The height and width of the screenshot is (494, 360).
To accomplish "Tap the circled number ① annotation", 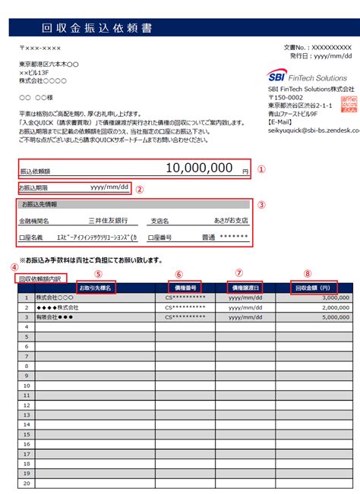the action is pyautogui.click(x=261, y=170).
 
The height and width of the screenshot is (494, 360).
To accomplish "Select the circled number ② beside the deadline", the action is pyautogui.click(x=140, y=190).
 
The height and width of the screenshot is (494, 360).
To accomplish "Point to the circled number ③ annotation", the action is pyautogui.click(x=261, y=204).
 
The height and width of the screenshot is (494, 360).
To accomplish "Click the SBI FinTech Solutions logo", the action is pyautogui.click(x=308, y=77).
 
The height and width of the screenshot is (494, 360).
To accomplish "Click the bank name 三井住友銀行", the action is pyautogui.click(x=107, y=221).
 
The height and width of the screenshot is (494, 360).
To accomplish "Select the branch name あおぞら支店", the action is pyautogui.click(x=231, y=221).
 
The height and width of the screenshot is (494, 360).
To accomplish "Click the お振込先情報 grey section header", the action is pyautogui.click(x=39, y=205).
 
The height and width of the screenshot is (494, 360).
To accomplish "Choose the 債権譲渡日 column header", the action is pyautogui.click(x=247, y=288).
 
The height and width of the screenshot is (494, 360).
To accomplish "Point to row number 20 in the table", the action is pyautogui.click(x=26, y=483).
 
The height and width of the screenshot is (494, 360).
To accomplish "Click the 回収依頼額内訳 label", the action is pyautogui.click(x=42, y=278).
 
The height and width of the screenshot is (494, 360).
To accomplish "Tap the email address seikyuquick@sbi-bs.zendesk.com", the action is pyautogui.click(x=312, y=130).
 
